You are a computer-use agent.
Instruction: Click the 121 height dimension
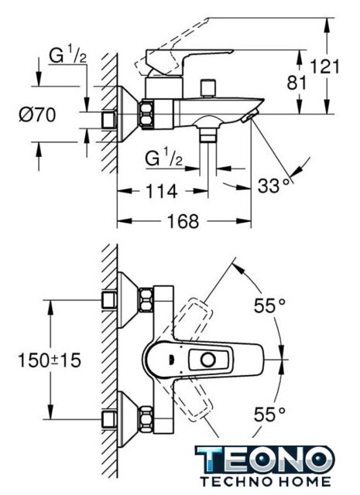pos(324,67)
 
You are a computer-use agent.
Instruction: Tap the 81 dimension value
pos(297,83)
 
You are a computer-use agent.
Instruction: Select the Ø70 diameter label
pos(37,114)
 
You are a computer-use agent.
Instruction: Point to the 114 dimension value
pos(161,191)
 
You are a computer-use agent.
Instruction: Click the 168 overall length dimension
pos(183,221)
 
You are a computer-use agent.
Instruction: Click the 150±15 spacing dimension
pos(50,360)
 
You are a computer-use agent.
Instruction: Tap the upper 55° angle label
pos(269,306)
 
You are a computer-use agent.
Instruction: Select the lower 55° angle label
pos(269,415)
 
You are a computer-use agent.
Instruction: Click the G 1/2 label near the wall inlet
pos(67,56)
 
